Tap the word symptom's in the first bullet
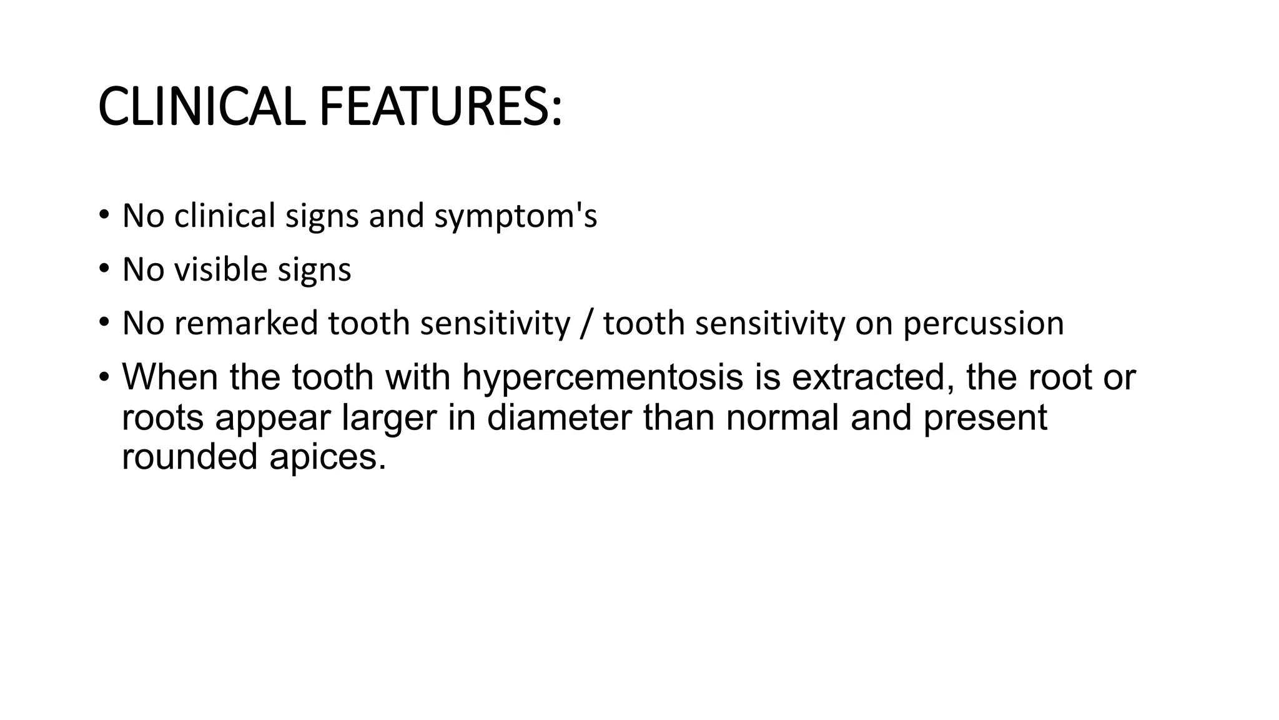coord(515,216)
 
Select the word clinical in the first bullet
coord(224,216)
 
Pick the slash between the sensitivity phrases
coord(585,324)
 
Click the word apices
coord(327,457)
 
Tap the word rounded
coord(190,456)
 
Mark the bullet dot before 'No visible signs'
coord(104,269)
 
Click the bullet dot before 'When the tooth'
coord(104,377)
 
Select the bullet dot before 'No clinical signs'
coord(104,216)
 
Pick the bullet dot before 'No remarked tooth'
coord(104,323)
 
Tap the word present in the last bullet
coord(985,418)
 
